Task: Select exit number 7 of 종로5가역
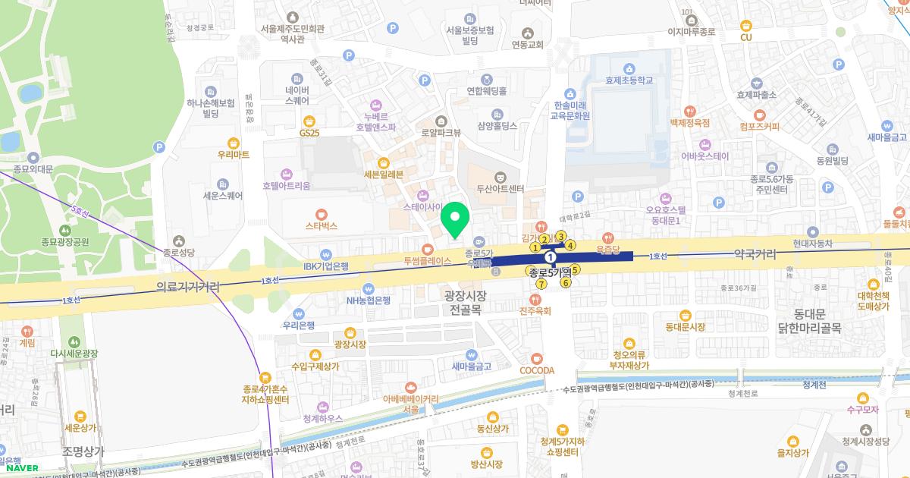click(x=541, y=284)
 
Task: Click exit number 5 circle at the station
click(x=575, y=269)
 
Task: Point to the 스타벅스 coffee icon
click(x=321, y=213)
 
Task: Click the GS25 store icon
click(x=309, y=120)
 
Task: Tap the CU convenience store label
click(x=745, y=37)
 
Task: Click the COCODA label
click(x=537, y=370)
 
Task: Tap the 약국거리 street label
click(x=755, y=255)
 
